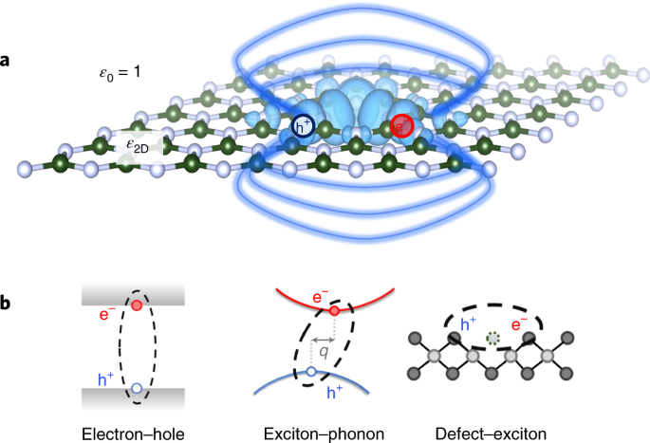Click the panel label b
click(7, 305)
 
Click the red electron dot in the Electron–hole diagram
click(138, 305)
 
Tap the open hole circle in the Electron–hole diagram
click(138, 388)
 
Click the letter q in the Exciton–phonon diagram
click(325, 351)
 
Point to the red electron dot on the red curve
click(334, 310)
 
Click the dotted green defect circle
click(492, 338)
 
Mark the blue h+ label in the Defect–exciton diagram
click(468, 323)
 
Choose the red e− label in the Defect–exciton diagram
click(521, 323)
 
